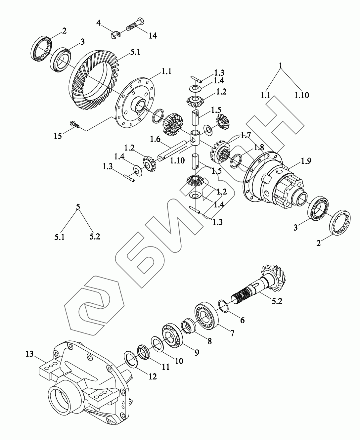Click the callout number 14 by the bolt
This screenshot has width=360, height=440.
pyautogui.click(x=153, y=36)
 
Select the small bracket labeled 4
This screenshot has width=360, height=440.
pyautogui.click(x=115, y=34)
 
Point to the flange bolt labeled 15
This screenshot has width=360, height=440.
pyautogui.click(x=75, y=124)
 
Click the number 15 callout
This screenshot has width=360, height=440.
pyautogui.click(x=58, y=136)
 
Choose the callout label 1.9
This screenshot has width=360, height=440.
pyautogui.click(x=306, y=161)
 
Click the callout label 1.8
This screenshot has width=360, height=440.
pyautogui.click(x=259, y=148)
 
